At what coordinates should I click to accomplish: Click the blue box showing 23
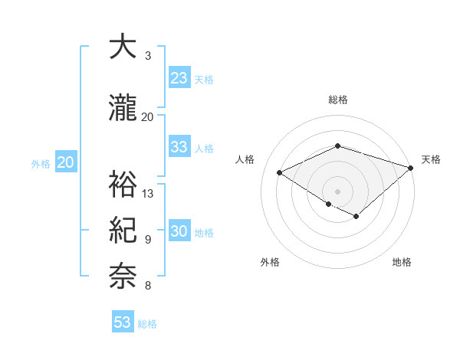[x=179, y=78]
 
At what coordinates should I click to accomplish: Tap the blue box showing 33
[x=179, y=148]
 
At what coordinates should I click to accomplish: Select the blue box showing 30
[x=179, y=232]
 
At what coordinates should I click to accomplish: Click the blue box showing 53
[x=123, y=322]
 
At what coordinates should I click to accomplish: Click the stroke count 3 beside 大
[x=147, y=56]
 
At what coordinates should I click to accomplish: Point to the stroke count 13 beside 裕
[x=148, y=193]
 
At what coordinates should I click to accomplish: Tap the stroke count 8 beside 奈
[x=147, y=286]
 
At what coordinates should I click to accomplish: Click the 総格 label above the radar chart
[x=337, y=100]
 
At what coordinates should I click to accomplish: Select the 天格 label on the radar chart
[x=431, y=159]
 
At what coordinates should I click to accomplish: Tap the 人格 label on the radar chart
[x=245, y=159]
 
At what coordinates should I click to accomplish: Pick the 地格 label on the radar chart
[x=402, y=262]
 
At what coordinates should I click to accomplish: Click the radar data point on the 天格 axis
[x=412, y=167]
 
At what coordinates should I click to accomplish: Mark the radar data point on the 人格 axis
[x=280, y=173]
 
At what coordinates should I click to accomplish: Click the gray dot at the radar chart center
[x=337, y=191]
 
